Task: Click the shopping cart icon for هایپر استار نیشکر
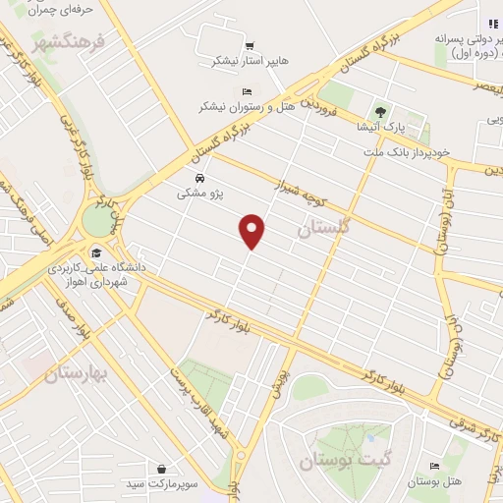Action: pos(250,45)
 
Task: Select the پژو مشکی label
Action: pos(199,195)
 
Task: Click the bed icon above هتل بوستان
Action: pos(433,466)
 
